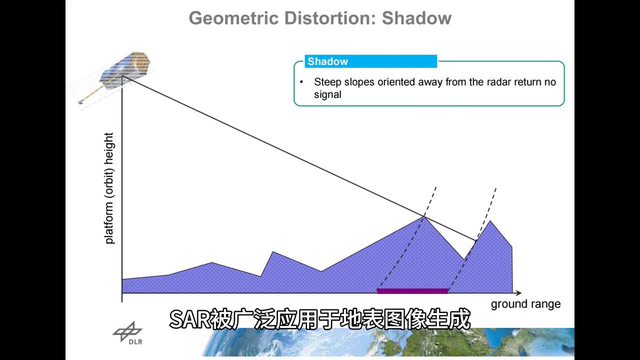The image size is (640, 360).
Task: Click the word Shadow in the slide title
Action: (416, 18)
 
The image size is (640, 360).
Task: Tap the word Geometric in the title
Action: (233, 18)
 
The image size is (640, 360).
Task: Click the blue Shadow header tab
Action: (371, 61)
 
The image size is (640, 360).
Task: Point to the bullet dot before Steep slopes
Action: (301, 82)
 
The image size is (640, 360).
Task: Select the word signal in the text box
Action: (327, 94)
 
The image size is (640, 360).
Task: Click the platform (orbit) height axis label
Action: (109, 188)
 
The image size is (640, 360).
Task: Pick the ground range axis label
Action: (525, 304)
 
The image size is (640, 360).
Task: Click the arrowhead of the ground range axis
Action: (518, 293)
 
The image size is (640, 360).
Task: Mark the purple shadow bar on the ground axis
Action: (412, 291)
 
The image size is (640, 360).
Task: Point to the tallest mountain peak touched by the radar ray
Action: (423, 217)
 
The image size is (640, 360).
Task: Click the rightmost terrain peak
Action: (490, 221)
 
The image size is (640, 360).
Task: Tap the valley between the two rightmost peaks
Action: (463, 259)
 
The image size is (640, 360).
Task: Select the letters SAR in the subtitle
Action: (189, 319)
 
